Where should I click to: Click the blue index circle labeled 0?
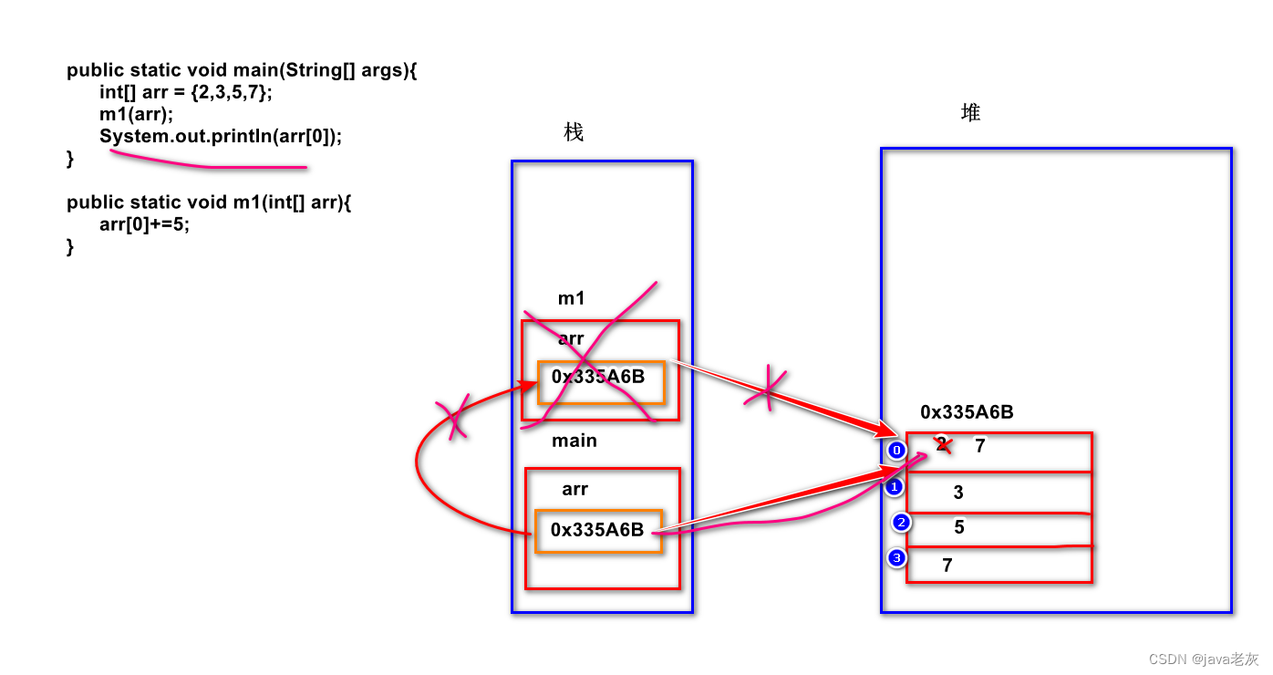coord(896,451)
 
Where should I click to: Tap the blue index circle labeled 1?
coord(895,487)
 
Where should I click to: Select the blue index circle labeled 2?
coord(901,522)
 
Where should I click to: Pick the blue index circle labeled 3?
coord(896,558)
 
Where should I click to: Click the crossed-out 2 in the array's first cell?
coord(942,443)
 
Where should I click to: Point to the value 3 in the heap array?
coord(958,492)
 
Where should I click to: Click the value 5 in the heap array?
coord(958,526)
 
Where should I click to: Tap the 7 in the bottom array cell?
coord(947,565)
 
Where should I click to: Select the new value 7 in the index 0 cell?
coord(979,445)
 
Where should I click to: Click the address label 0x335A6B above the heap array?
coord(967,411)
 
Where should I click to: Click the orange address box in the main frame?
coord(598,531)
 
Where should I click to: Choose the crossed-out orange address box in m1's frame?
coord(601,382)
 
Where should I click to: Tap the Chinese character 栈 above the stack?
coord(574,132)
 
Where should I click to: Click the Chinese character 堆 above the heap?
coord(970,112)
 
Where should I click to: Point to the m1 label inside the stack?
coord(571,298)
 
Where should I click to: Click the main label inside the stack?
coord(574,441)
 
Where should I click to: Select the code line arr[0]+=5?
coord(144,224)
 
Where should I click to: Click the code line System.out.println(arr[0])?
coord(221,136)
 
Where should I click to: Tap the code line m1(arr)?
coord(136,114)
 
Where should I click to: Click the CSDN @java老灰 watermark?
coord(1204,659)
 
